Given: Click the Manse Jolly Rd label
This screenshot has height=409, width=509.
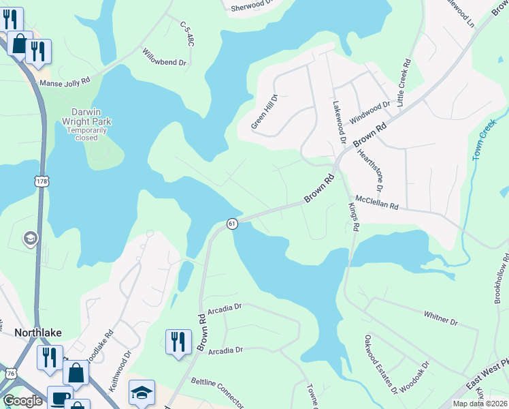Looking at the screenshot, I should coord(65,82).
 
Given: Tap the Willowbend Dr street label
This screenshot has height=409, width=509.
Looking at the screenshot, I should coord(164,57).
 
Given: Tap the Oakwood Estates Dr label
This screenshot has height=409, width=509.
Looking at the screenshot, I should coord(380,364).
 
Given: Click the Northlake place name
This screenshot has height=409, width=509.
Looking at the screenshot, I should coord(38,333).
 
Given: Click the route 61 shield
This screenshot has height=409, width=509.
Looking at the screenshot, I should coord(232,224).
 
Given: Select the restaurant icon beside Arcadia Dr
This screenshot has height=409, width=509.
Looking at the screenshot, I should coord(178,342).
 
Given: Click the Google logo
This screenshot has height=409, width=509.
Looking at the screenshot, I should coord(22,401).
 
